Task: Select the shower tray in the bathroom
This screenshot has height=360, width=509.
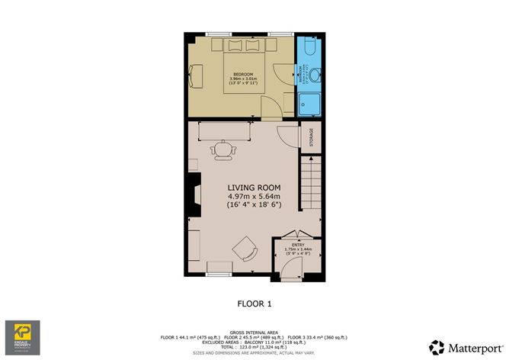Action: (x=311, y=103)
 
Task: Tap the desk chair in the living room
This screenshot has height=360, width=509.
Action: (x=222, y=151)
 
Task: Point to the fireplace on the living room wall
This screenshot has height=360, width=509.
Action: (x=195, y=199)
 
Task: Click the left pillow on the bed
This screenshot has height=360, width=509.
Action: (x=234, y=45)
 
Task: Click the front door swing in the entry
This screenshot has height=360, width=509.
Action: (x=291, y=267)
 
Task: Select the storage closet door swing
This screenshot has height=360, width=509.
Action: (x=288, y=134)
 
